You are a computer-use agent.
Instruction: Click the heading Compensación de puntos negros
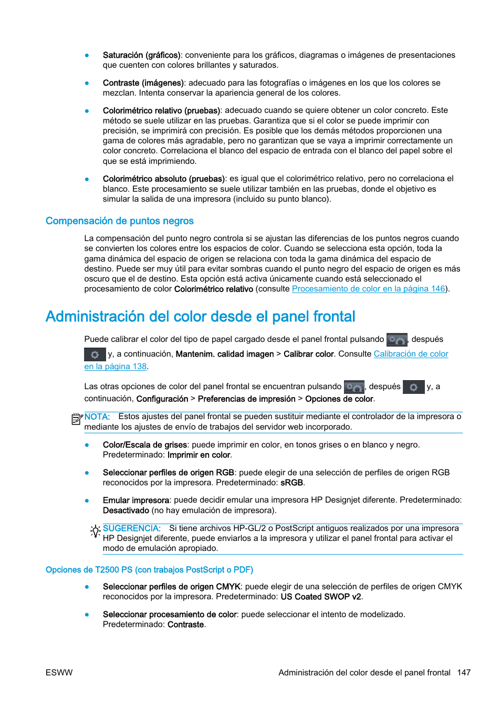point(119,221)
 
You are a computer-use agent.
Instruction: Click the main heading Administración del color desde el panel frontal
point(200,317)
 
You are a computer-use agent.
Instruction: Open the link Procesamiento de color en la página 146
point(368,289)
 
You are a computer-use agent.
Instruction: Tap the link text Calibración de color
point(411,354)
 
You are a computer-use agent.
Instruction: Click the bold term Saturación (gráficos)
point(141,55)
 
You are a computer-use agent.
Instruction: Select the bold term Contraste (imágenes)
point(143,83)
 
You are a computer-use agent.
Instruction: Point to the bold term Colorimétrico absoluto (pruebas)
point(164,179)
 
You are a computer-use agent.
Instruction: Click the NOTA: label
point(97,417)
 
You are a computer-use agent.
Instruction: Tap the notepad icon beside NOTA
point(77,419)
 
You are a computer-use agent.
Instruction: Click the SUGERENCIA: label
point(131,528)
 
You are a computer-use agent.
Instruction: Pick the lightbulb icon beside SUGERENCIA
point(95,531)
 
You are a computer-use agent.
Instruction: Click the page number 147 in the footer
point(464,673)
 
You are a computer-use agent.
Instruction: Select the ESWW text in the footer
point(59,673)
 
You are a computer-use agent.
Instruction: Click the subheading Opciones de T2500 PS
point(149,570)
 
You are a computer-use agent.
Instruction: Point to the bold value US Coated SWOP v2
point(320,597)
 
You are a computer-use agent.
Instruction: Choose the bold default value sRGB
point(291,483)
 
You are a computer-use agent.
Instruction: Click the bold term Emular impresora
point(136,501)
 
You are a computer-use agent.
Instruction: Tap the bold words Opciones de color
point(339,399)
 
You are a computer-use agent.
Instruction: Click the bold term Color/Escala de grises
point(145,445)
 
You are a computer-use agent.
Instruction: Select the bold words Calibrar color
point(308,354)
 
